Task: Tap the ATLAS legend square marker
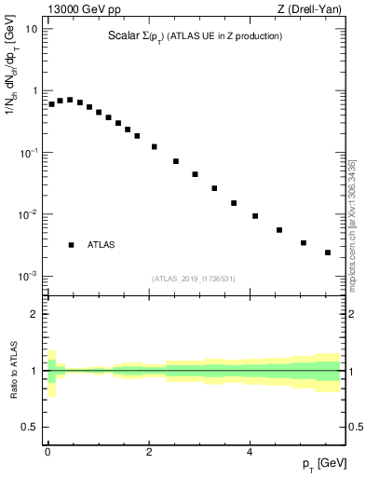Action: (x=71, y=245)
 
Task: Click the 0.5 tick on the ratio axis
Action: (x=30, y=427)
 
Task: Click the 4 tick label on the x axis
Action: (x=250, y=451)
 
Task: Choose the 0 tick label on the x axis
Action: (x=47, y=451)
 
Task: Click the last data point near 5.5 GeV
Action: (x=328, y=252)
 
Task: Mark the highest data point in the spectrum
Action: (x=70, y=100)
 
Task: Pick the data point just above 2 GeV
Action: (x=155, y=146)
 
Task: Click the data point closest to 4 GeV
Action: (x=255, y=216)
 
